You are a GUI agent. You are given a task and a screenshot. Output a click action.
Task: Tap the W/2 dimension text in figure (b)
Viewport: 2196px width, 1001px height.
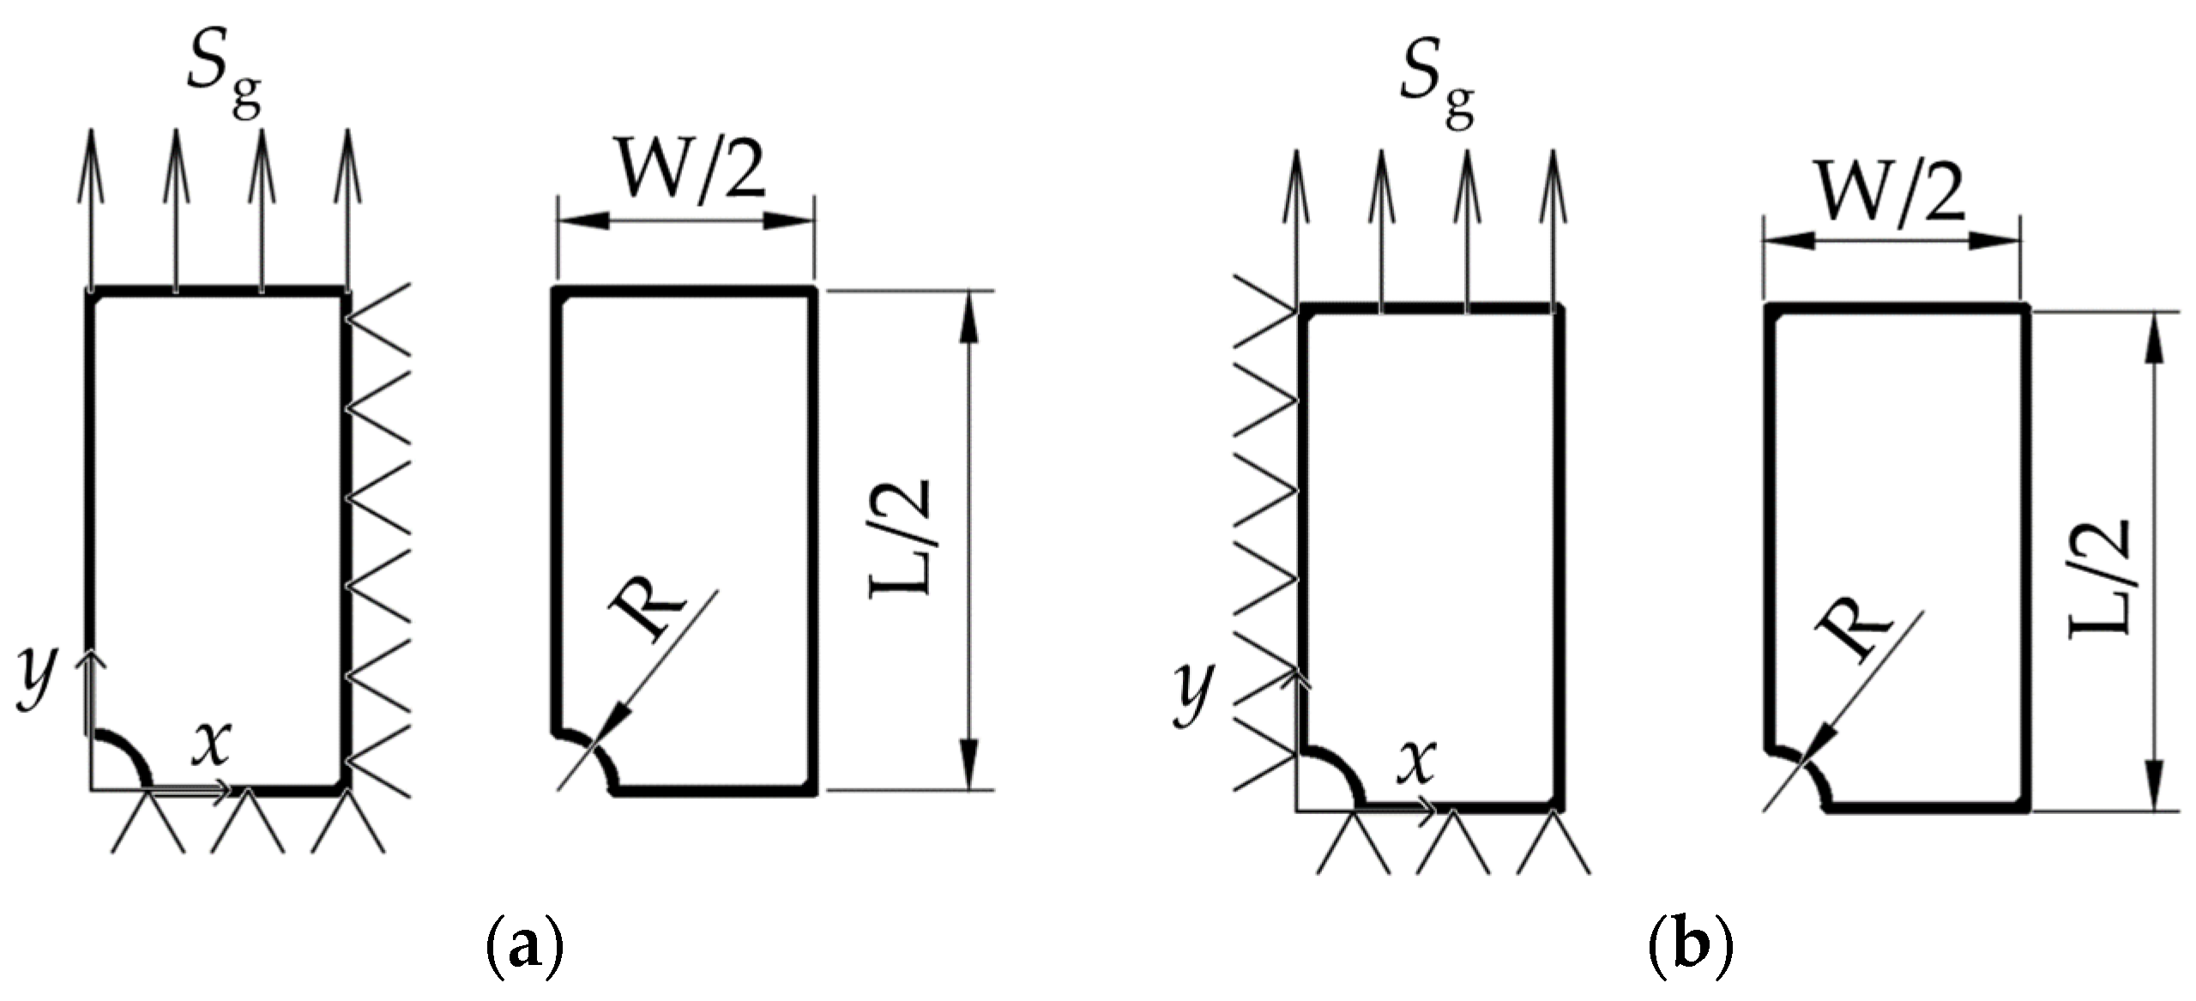point(1891,194)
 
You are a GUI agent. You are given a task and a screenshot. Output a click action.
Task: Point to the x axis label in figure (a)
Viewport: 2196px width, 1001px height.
point(210,743)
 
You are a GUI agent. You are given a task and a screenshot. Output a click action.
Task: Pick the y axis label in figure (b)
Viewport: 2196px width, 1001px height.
point(1193,694)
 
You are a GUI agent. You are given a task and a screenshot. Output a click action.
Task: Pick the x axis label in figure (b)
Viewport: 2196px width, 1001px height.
point(1415,763)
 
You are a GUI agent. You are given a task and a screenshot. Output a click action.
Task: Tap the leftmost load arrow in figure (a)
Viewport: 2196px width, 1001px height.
point(90,206)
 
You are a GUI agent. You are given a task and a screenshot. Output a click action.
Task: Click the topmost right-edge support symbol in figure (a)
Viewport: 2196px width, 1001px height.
point(379,319)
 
